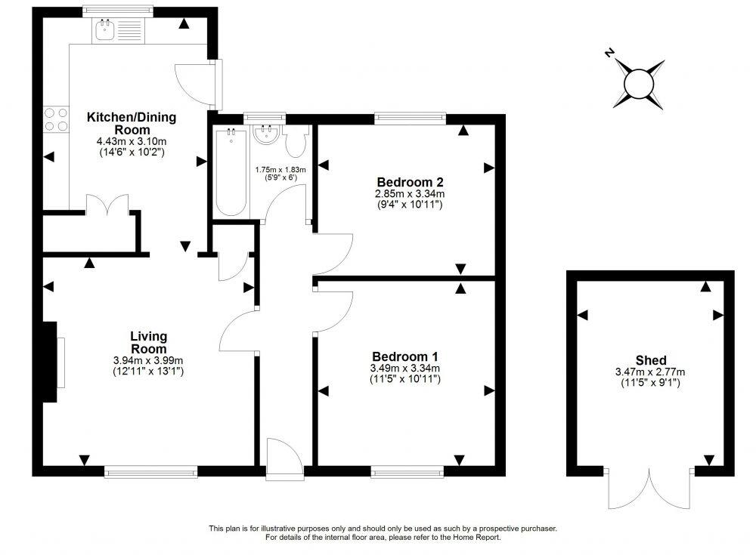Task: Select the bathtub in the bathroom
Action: (x=228, y=172)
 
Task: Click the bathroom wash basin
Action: (x=265, y=137)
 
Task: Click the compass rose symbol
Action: (x=639, y=79)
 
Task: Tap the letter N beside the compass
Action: (x=609, y=53)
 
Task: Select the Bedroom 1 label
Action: (x=404, y=356)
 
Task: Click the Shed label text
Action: (x=649, y=360)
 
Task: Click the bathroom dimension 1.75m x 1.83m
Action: (x=280, y=170)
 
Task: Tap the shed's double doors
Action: (x=649, y=489)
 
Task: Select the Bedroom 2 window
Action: (x=409, y=118)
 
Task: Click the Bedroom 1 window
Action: (x=407, y=472)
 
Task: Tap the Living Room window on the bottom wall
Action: (x=151, y=472)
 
